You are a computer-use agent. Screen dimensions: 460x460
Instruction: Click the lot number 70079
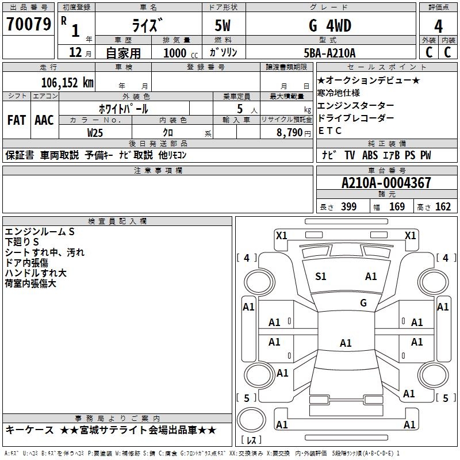coord(29,24)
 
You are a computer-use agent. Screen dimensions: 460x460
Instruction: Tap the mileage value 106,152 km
coord(67,83)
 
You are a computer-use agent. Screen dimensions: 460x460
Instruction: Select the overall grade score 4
coord(438,26)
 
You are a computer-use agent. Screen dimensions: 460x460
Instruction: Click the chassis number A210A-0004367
coord(386,183)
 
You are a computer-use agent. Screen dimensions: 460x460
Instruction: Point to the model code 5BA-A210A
coord(329,53)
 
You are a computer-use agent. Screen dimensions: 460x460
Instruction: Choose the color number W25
coord(95,133)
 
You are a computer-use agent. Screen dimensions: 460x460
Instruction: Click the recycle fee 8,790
coord(289,132)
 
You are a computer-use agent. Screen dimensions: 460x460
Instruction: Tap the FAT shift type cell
coord(17,120)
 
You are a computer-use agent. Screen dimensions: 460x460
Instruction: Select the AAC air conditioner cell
coord(44,120)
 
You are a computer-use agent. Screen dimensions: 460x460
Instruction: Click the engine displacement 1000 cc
coord(181,53)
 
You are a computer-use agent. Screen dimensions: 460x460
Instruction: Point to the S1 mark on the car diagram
coord(321,277)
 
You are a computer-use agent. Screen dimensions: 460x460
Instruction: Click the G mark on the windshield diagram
coord(363,303)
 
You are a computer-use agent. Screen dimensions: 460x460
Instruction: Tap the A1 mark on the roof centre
coord(346,343)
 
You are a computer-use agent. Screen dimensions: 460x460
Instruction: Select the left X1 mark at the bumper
coord(282,236)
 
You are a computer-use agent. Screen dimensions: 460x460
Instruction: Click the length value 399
coord(349,206)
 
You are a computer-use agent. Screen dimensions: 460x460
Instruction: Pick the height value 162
coord(443,206)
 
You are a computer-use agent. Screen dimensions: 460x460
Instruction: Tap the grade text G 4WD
coord(330,25)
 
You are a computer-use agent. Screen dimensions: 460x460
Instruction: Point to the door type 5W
coord(223,25)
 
